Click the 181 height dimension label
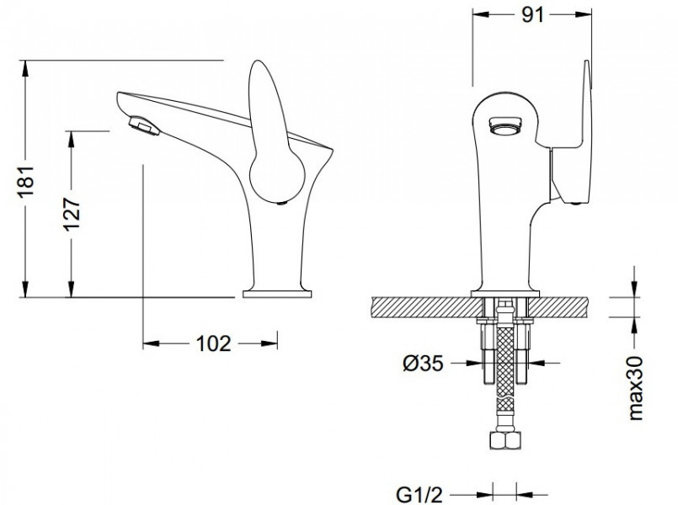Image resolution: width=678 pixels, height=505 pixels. [26, 181]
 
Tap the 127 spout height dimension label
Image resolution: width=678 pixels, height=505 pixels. [72, 215]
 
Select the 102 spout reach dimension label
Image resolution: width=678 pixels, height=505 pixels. [214, 344]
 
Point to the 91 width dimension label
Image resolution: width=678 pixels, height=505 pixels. [532, 15]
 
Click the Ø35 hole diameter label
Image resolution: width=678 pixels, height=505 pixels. [424, 364]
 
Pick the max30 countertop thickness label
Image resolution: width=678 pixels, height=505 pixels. [636, 388]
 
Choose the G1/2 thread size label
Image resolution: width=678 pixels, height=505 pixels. [420, 495]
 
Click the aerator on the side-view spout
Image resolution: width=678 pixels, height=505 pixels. [144, 125]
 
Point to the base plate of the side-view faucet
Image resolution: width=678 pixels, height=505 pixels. [277, 295]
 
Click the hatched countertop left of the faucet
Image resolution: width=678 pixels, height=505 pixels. [426, 307]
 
